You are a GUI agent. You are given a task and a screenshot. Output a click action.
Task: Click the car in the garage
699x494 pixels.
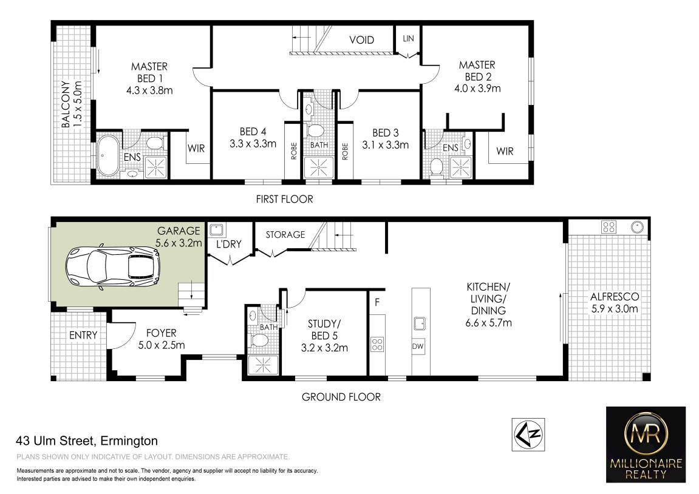113,268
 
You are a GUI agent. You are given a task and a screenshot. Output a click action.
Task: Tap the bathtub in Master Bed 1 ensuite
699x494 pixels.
107,155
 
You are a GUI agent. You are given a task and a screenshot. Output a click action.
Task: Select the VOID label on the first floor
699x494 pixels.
361,40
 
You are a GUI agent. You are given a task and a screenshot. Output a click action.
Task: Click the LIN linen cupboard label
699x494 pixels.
408,39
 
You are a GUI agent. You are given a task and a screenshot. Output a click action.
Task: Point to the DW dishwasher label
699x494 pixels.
418,347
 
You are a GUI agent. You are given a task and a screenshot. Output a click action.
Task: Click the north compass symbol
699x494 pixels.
528,435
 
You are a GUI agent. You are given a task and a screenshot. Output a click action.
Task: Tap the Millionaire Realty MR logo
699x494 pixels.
646,444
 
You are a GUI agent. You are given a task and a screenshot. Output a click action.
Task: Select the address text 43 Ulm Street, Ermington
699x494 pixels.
87,441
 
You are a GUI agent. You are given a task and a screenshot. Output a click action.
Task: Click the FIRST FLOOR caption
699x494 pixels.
284,199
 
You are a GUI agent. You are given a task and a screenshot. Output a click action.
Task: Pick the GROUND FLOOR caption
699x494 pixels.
341,397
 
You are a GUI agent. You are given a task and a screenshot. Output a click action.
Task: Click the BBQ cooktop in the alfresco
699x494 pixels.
609,227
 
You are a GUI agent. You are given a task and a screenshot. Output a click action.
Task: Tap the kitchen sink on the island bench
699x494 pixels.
420,323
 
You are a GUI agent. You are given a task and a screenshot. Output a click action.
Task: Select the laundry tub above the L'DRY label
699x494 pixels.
217,230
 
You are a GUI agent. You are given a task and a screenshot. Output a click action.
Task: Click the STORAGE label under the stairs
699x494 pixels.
285,235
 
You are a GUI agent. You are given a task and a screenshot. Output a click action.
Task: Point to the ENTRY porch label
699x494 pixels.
83,335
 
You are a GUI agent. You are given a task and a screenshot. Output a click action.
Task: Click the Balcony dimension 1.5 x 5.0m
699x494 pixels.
78,104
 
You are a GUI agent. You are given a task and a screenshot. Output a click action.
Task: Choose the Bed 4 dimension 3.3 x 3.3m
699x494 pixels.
253,144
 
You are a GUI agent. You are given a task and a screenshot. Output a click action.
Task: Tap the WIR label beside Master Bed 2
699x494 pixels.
505,152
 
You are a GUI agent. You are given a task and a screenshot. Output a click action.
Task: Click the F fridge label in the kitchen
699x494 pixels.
377,302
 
